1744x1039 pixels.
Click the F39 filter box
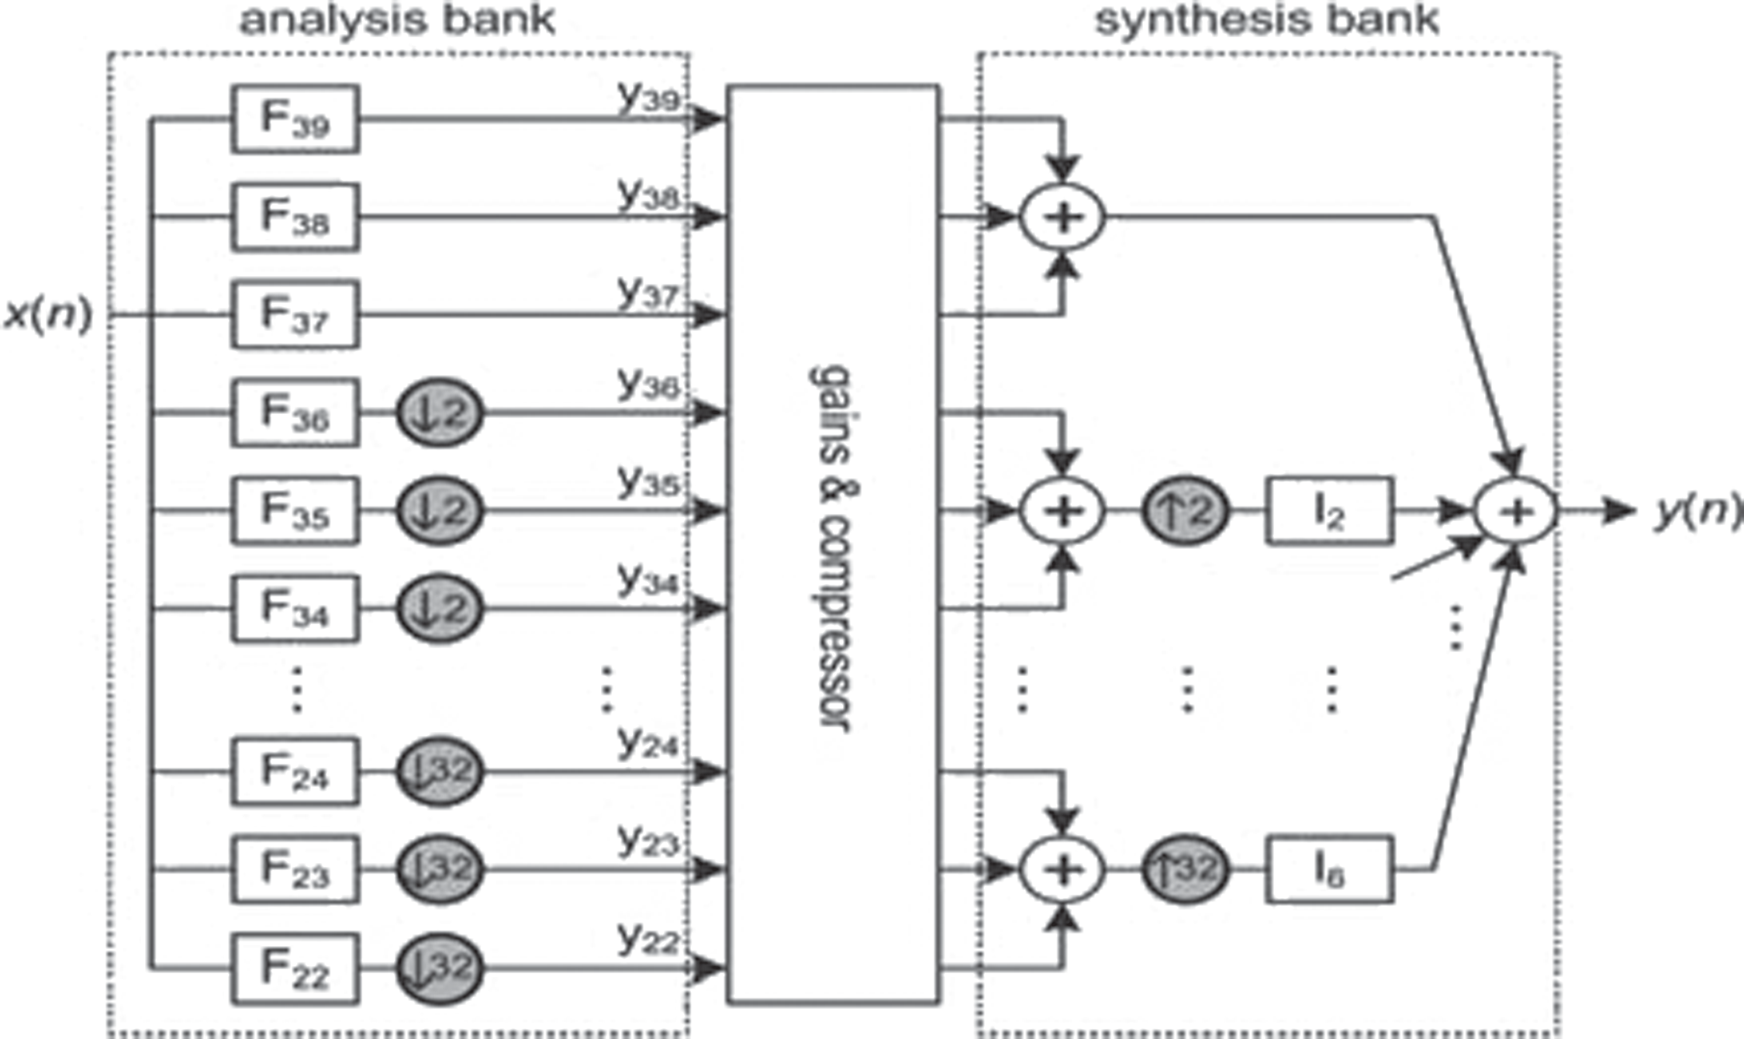[295, 119]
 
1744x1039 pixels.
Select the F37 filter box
[295, 315]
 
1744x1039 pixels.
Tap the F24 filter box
[295, 771]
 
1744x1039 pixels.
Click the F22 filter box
[295, 968]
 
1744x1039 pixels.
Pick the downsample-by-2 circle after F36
[440, 412]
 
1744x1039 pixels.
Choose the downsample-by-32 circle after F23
[440, 869]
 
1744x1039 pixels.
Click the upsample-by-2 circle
[1186, 511]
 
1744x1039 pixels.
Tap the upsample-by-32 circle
[1186, 869]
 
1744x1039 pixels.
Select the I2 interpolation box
[1330, 511]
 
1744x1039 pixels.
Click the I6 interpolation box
[1330, 869]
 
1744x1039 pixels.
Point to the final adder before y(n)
[1515, 511]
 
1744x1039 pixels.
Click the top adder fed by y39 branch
[1062, 218]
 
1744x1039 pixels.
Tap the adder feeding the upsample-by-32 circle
[1062, 869]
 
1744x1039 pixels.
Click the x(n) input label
[48, 315]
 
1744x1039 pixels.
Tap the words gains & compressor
[833, 547]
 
